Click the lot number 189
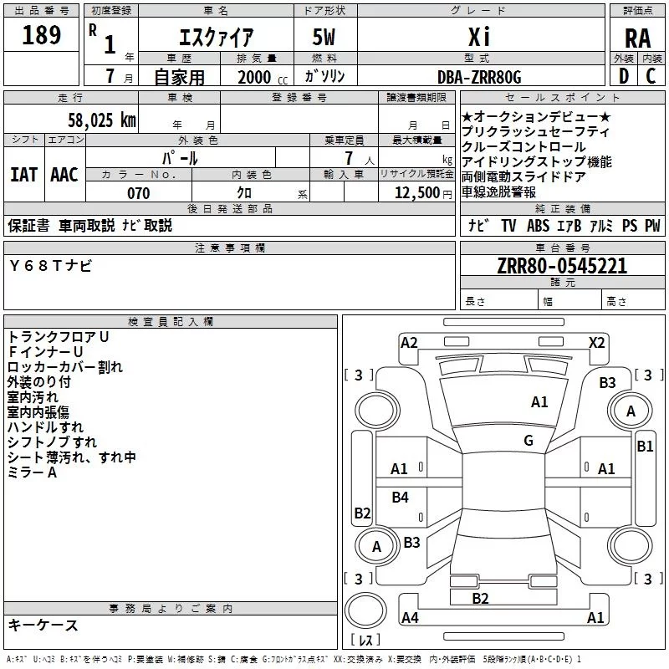coord(42,35)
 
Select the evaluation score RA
coord(637,38)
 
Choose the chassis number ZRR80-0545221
coord(562,267)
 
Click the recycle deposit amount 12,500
coord(416,193)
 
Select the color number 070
coord(138,193)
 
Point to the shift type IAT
coord(23,174)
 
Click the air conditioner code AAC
coord(64,174)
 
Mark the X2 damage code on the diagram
coord(596,342)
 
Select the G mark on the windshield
coord(529,441)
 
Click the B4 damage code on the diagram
coord(401,498)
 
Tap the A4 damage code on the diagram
coord(410,618)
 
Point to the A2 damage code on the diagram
coord(409,342)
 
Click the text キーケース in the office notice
coord(43,625)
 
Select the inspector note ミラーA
coord(33,472)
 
